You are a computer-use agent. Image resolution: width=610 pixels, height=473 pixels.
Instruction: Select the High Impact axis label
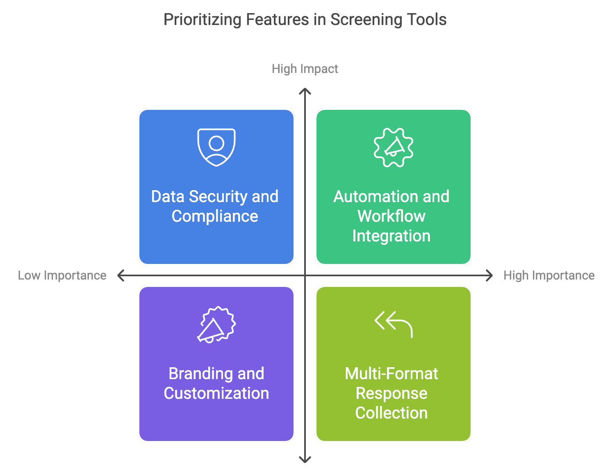(305, 69)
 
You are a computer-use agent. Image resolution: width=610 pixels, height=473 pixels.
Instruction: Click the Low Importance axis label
(62, 275)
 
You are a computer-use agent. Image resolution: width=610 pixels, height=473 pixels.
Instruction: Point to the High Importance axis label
(549, 275)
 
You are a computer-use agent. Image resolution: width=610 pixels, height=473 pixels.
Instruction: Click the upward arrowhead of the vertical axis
(305, 91)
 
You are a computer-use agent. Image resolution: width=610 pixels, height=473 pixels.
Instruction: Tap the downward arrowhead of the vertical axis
(305, 460)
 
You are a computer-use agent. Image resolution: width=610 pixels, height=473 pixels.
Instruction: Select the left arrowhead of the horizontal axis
(120, 275)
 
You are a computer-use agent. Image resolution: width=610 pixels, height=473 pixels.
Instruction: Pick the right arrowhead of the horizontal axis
(490, 275)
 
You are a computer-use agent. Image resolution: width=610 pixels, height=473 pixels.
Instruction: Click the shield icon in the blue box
(216, 147)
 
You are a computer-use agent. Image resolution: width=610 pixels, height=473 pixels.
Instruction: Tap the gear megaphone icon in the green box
(394, 148)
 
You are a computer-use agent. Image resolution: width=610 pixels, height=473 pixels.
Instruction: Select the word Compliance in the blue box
(215, 216)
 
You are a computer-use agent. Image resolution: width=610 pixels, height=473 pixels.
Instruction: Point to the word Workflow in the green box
(391, 216)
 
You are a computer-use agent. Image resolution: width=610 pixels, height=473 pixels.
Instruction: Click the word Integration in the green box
(391, 236)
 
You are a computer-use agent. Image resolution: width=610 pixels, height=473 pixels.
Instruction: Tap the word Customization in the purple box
(216, 393)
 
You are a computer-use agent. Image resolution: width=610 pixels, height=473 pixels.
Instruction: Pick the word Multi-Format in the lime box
(391, 374)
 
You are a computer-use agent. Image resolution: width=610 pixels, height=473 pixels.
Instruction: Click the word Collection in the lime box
(391, 413)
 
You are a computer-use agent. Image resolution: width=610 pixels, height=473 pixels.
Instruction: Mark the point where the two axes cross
(305, 275)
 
